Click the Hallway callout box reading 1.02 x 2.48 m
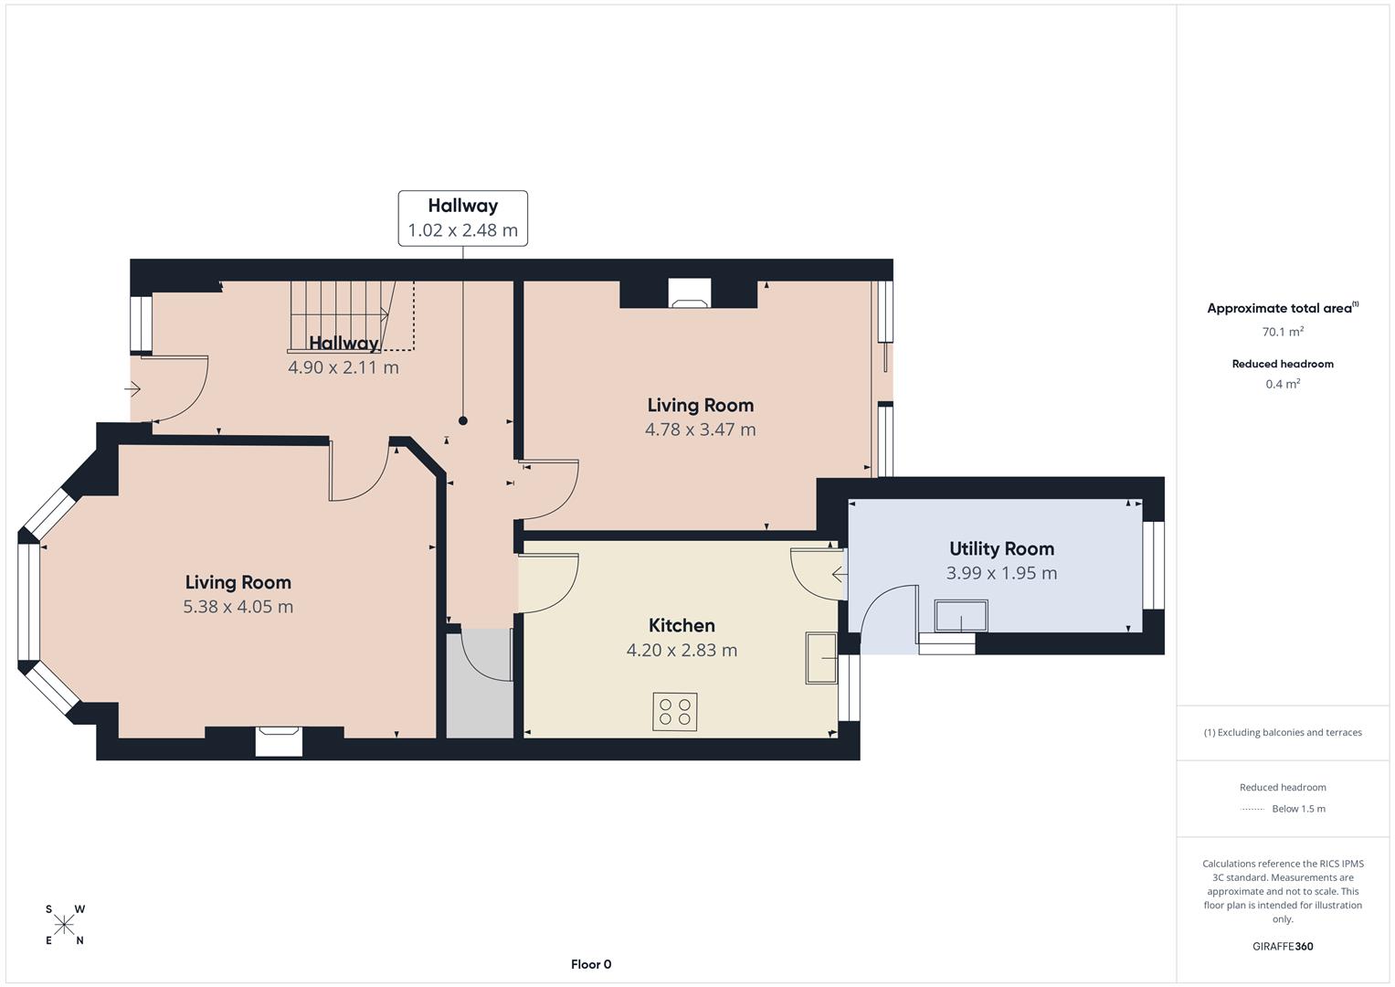pyautogui.click(x=462, y=218)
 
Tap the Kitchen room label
pyautogui.click(x=682, y=626)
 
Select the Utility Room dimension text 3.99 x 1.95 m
pyautogui.click(x=1001, y=573)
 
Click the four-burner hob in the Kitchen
pyautogui.click(x=675, y=712)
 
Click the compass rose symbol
pyautogui.click(x=64, y=925)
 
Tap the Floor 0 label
pyautogui.click(x=591, y=964)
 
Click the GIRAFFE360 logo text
pyautogui.click(x=1282, y=946)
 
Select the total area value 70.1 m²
pyautogui.click(x=1282, y=332)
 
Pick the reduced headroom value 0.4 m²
pyautogui.click(x=1282, y=384)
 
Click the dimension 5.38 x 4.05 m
pyautogui.click(x=238, y=607)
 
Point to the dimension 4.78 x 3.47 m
pyautogui.click(x=700, y=430)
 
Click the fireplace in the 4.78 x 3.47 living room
pyautogui.click(x=689, y=292)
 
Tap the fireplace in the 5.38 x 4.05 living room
pyautogui.click(x=278, y=739)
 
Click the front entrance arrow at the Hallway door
pyautogui.click(x=132, y=390)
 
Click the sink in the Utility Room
pyautogui.click(x=960, y=616)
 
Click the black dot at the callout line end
pyautogui.click(x=463, y=421)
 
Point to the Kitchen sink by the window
pyautogui.click(x=819, y=657)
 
